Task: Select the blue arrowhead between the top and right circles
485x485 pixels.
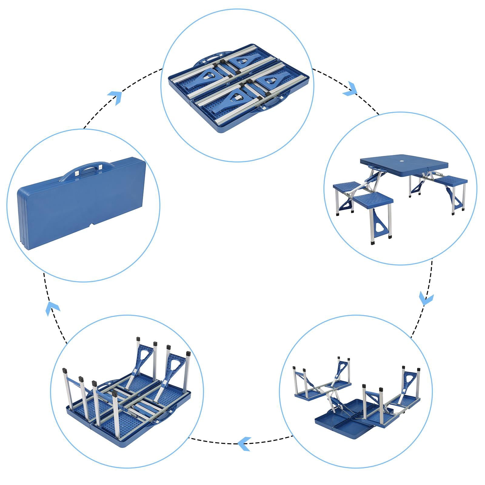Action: pyautogui.click(x=351, y=89)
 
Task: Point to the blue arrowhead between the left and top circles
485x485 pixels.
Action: pyautogui.click(x=115, y=97)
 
